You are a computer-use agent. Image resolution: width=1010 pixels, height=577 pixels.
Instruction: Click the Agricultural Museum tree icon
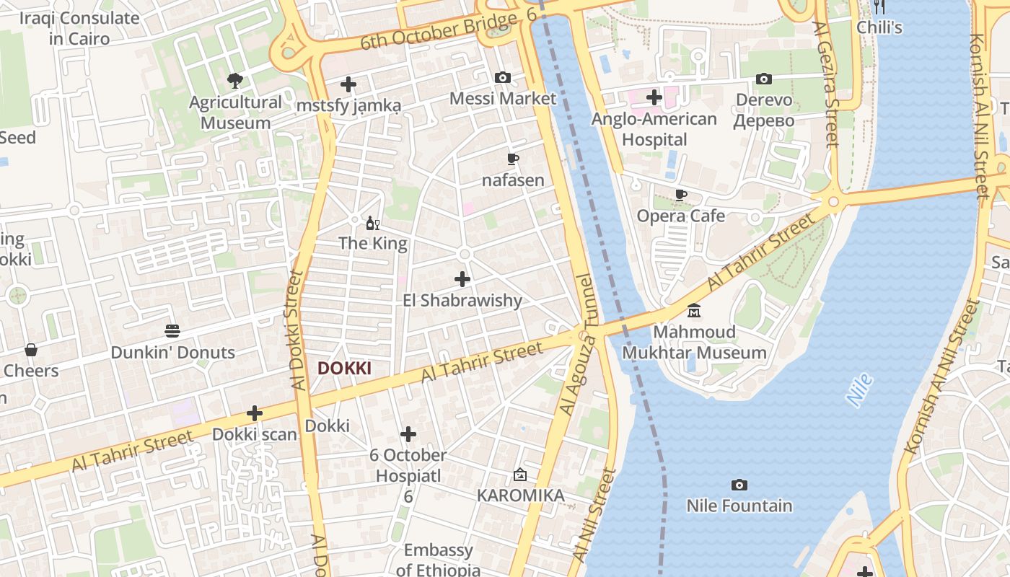click(x=234, y=79)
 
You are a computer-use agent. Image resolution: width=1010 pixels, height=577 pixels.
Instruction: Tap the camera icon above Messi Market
click(x=503, y=77)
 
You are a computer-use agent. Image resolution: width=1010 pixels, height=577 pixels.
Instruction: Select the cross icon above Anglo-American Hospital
click(x=654, y=97)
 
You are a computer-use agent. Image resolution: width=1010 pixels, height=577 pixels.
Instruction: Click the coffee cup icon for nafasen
click(x=513, y=159)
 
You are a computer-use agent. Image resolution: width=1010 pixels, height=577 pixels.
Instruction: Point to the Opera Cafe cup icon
click(x=680, y=195)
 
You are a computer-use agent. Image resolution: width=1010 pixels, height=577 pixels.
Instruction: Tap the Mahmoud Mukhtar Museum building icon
click(x=694, y=311)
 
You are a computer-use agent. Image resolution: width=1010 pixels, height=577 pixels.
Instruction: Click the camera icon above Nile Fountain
click(x=739, y=485)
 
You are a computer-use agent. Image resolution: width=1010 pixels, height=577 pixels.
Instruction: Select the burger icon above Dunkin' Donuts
click(x=172, y=331)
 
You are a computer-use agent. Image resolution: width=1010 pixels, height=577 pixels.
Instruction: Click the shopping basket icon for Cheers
click(x=31, y=350)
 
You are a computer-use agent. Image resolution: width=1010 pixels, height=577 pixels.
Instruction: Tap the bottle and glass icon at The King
click(x=373, y=223)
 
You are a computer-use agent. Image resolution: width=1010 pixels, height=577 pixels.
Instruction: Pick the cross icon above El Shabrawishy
click(x=462, y=279)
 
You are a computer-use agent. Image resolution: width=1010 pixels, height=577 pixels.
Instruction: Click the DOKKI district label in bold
click(x=344, y=369)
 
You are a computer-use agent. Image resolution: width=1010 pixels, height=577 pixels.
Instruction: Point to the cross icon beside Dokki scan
click(x=254, y=413)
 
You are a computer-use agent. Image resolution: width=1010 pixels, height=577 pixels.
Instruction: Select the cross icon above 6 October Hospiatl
click(x=408, y=434)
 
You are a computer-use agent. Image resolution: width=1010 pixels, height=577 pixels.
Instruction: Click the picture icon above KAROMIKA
click(x=520, y=475)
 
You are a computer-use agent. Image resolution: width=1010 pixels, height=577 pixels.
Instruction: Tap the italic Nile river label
click(x=859, y=390)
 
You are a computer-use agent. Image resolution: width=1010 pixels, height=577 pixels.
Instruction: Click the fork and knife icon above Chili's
click(x=879, y=7)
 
